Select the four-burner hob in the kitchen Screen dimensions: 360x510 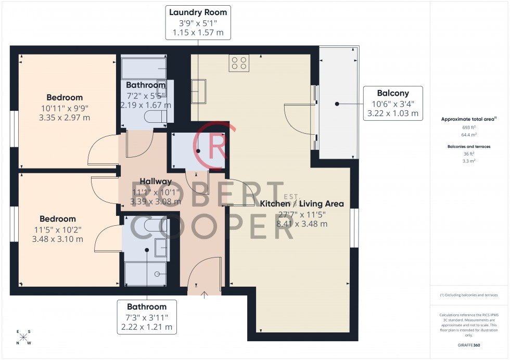(239, 63)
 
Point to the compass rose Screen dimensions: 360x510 (23, 337)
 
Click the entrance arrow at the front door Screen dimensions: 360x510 (204, 295)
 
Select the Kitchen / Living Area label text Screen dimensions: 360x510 (302, 203)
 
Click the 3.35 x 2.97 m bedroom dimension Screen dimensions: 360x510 (65, 118)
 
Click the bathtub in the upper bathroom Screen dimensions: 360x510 (143, 68)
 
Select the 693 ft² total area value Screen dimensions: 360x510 (469, 127)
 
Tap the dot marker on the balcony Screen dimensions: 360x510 (337, 104)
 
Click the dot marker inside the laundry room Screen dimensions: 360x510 (198, 151)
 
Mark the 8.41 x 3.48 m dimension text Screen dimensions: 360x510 (302, 224)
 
